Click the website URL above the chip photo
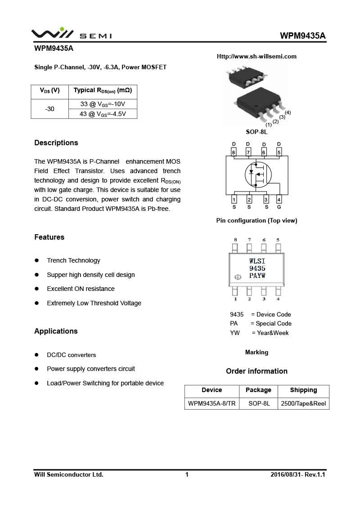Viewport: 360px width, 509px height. coord(256,57)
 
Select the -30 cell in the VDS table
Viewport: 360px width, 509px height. coord(49,109)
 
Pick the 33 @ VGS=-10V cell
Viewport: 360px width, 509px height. coord(103,104)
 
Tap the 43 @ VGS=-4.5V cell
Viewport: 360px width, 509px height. coord(103,114)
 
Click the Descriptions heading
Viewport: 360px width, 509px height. coord(56,143)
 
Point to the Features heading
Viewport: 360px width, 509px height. coord(49,237)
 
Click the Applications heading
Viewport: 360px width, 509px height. coord(56,331)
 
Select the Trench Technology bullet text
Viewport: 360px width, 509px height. coord(73,261)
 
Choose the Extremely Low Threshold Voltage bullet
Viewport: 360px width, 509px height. coord(94,304)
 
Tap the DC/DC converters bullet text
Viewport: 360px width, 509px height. coord(71,355)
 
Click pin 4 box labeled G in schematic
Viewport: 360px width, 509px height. coord(279,200)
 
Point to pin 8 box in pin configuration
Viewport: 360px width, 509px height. coord(234,152)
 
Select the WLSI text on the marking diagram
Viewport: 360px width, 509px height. coord(257,261)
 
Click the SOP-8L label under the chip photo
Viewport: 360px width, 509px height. coord(256,132)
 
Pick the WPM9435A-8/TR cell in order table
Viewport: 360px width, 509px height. coord(211,404)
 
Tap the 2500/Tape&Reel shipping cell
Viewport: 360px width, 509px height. coord(303,404)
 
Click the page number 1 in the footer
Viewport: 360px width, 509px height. coord(187,475)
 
